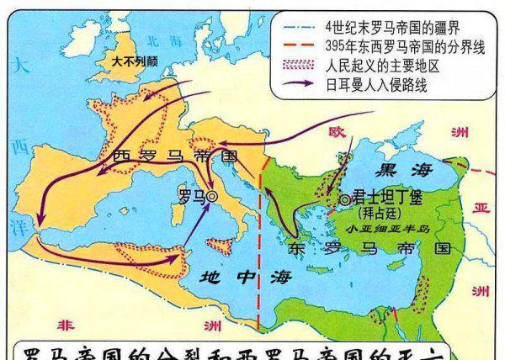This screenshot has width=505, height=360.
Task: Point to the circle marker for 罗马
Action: (212, 196)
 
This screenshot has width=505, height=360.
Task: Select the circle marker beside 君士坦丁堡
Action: (345, 199)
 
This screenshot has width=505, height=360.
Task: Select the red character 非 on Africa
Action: (63, 326)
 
